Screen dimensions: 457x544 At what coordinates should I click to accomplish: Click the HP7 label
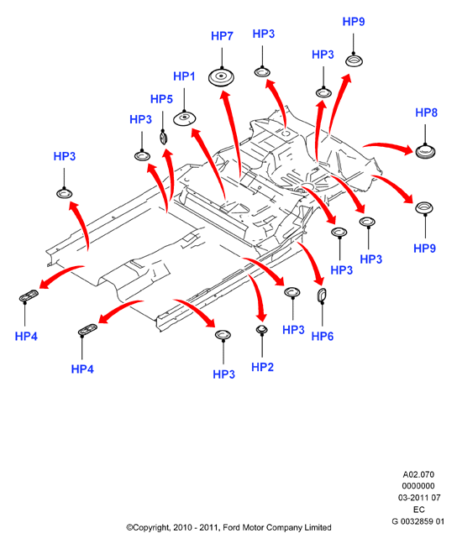(x=222, y=36)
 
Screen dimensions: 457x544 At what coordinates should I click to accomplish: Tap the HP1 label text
(x=184, y=76)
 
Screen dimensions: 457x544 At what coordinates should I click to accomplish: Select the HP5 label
(x=161, y=99)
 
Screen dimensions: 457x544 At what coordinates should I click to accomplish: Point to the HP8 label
(x=426, y=112)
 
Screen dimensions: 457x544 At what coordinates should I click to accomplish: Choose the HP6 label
(x=323, y=336)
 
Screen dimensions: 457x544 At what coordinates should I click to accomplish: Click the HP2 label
(x=262, y=367)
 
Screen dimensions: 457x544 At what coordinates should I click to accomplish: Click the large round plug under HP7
(x=221, y=77)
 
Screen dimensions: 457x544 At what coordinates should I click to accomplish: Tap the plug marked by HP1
(x=185, y=118)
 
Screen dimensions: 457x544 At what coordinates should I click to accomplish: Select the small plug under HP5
(x=163, y=137)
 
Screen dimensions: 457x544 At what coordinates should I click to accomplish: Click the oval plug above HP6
(x=322, y=295)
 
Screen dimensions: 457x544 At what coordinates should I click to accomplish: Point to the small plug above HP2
(x=262, y=329)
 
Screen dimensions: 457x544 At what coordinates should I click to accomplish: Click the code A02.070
(x=418, y=474)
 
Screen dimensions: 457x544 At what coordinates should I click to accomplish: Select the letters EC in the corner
(x=419, y=510)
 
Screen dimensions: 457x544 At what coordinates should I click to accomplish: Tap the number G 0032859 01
(x=418, y=521)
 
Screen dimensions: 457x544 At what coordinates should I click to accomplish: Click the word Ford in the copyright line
(x=231, y=527)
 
